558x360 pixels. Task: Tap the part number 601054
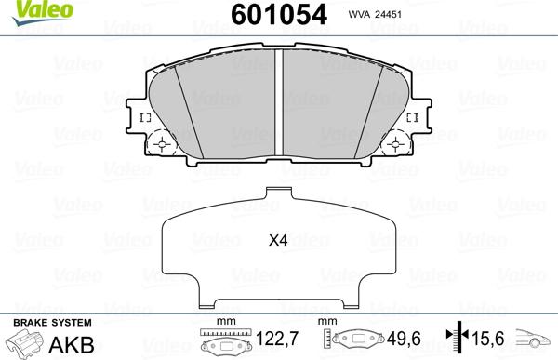click(x=279, y=15)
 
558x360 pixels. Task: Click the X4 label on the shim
click(x=278, y=241)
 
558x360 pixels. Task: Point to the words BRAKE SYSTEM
click(x=52, y=323)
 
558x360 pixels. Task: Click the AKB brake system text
click(x=72, y=344)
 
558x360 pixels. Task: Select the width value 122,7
click(x=277, y=339)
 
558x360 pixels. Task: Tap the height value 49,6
click(x=404, y=339)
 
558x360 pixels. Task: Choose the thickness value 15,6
click(x=488, y=339)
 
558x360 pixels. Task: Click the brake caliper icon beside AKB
click(x=24, y=342)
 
